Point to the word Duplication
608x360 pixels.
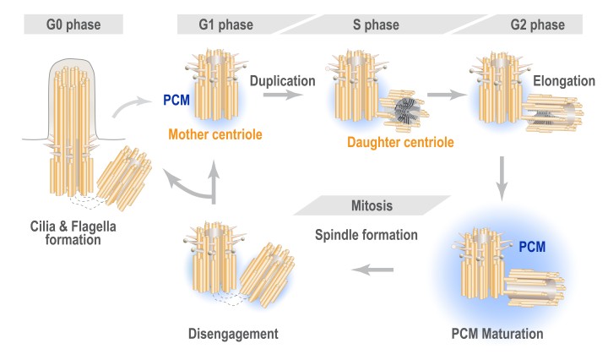pyautogui.click(x=282, y=81)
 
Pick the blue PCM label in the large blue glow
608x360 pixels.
pyautogui.click(x=532, y=247)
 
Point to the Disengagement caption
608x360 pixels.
pyautogui.click(x=233, y=332)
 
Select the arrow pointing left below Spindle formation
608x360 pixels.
pyautogui.click(x=372, y=270)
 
